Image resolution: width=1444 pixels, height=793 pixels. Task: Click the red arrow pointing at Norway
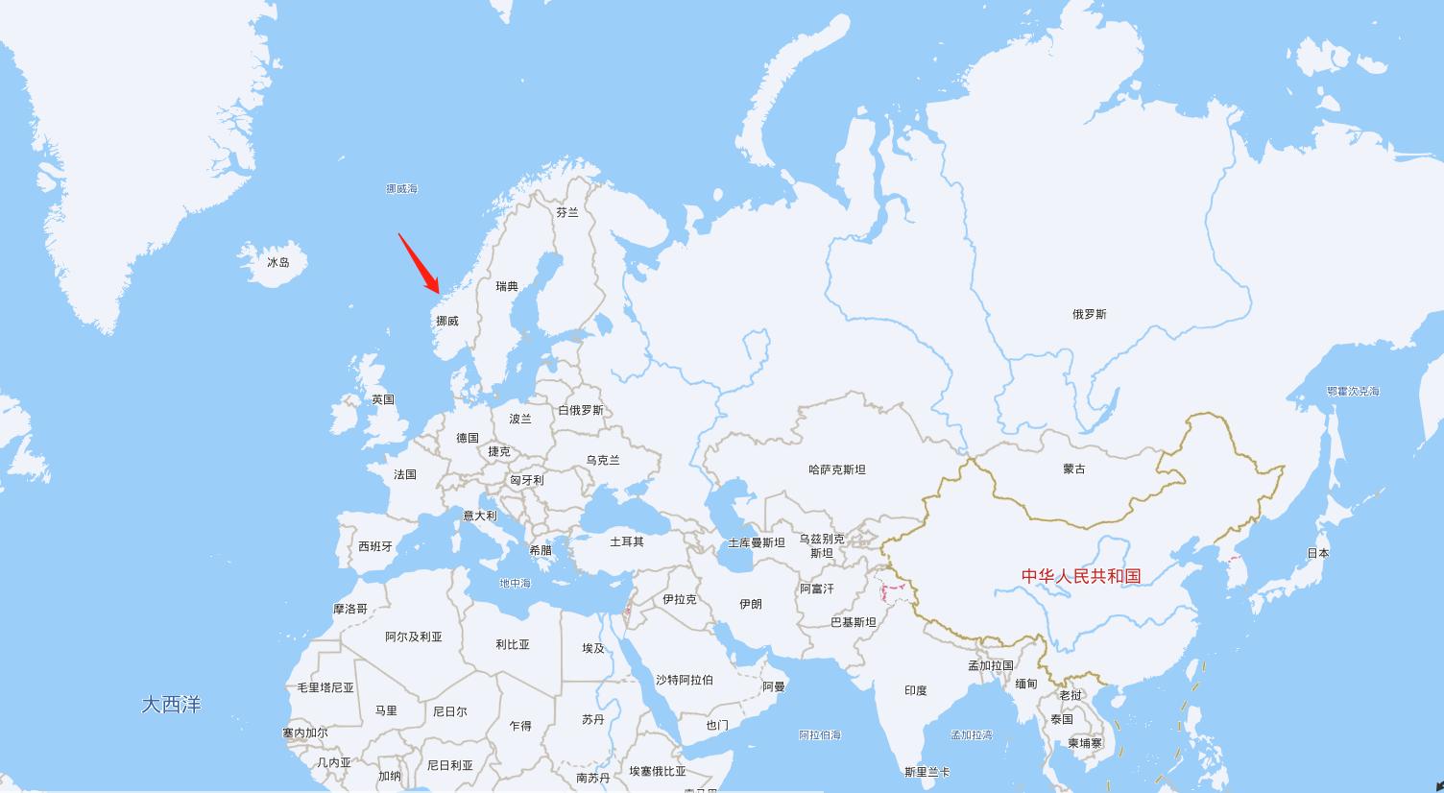(420, 264)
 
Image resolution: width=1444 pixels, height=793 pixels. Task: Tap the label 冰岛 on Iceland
(278, 262)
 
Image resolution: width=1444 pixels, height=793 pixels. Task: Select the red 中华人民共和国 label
(1081, 576)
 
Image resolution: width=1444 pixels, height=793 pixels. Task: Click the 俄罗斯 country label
(1090, 314)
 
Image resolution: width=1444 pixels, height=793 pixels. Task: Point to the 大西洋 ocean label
(172, 705)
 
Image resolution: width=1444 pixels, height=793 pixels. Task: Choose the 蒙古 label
(1074, 469)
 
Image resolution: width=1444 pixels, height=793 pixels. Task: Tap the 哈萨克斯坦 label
(837, 469)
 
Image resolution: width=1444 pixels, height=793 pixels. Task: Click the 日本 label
(1318, 553)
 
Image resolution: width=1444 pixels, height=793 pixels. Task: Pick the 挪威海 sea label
(401, 189)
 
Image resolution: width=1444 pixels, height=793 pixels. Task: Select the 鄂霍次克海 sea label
(1354, 391)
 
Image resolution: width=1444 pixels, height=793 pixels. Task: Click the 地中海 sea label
(515, 583)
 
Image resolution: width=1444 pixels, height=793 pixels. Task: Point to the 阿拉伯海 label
(820, 734)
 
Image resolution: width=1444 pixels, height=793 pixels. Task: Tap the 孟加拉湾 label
(972, 734)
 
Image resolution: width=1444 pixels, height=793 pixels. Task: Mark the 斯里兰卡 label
(927, 772)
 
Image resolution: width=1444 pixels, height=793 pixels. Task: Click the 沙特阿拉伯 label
(685, 680)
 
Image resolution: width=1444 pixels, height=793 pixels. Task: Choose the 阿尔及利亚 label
(414, 637)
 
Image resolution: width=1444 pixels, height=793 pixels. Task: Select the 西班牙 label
(375, 546)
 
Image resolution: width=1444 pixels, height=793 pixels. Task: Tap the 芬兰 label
(567, 212)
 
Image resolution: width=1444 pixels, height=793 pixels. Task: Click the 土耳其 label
(627, 541)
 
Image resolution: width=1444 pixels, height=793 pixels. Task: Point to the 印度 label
(916, 690)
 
